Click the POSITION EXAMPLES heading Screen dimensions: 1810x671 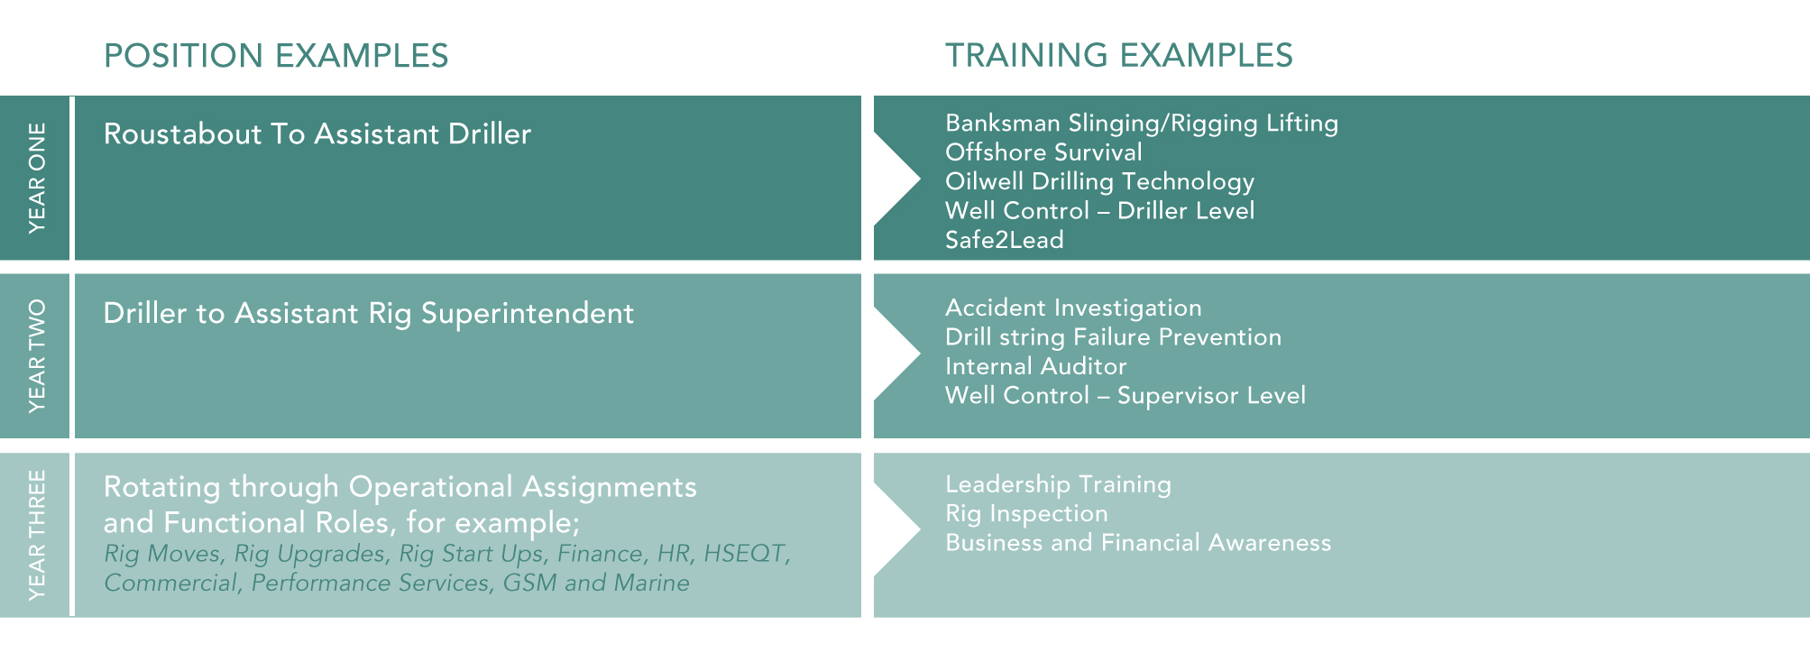pyautogui.click(x=276, y=56)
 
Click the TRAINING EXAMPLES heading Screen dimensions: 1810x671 pyautogui.click(x=1119, y=56)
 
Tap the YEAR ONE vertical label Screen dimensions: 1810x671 pyautogui.click(x=37, y=179)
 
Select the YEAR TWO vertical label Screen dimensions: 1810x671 pyautogui.click(x=37, y=356)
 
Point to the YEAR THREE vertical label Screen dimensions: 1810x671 pyautogui.click(x=37, y=535)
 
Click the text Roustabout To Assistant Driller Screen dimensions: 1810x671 pyautogui.click(x=317, y=134)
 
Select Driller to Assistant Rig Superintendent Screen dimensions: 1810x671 pyautogui.click(x=369, y=314)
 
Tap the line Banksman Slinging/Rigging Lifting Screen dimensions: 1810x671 pyautogui.click(x=1142, y=124)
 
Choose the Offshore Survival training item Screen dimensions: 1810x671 pyautogui.click(x=1043, y=152)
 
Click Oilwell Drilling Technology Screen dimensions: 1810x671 pyautogui.click(x=1099, y=182)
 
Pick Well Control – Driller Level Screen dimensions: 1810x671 pyautogui.click(x=1099, y=211)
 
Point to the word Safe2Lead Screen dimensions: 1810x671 pyautogui.click(x=1005, y=240)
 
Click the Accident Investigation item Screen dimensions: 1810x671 pyautogui.click(x=1073, y=308)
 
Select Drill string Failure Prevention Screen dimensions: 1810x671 pyautogui.click(x=1113, y=337)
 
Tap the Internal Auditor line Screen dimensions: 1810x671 pyautogui.click(x=1036, y=366)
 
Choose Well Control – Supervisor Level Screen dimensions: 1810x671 pyautogui.click(x=1126, y=396)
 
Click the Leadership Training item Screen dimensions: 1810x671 pyautogui.click(x=1058, y=485)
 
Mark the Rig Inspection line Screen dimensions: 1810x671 pyautogui.click(x=1026, y=514)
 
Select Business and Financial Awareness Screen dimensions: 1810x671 pyautogui.click(x=1138, y=543)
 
